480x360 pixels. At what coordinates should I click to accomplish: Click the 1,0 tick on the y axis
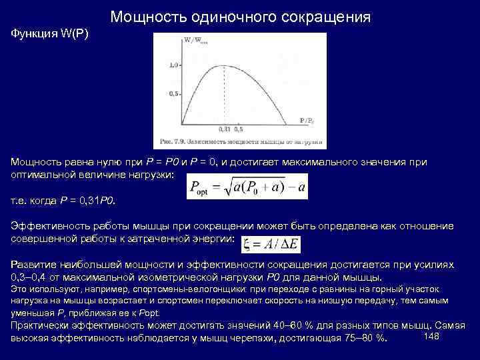click(174, 65)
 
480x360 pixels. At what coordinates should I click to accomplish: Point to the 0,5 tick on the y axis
click(174, 94)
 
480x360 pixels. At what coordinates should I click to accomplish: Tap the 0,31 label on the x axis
click(223, 129)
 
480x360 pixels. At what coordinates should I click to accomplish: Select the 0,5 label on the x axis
click(239, 129)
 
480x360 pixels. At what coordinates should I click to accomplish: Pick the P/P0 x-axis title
click(307, 120)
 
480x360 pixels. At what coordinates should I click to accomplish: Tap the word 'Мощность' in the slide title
click(149, 17)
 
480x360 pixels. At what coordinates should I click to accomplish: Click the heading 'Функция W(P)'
click(51, 33)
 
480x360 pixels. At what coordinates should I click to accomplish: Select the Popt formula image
click(248, 187)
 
